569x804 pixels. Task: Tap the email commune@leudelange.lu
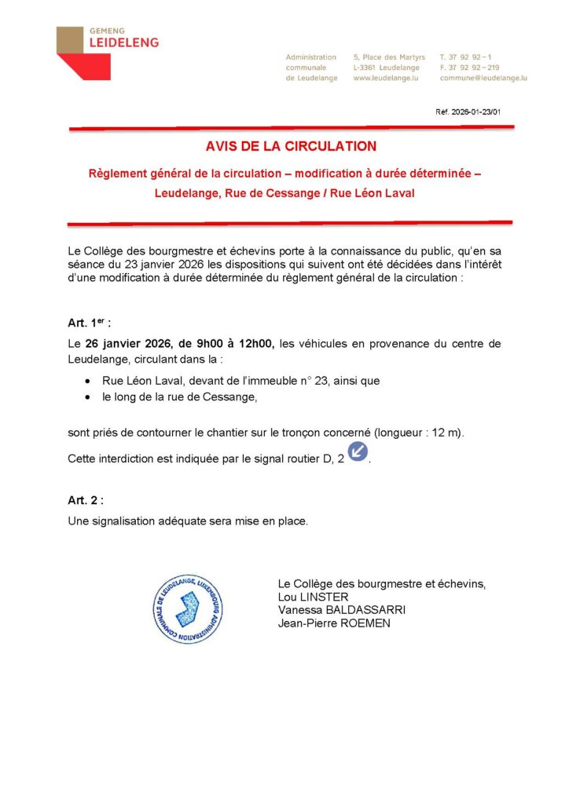[x=483, y=79]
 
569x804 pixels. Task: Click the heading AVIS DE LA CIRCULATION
[x=291, y=146]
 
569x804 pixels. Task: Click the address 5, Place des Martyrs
[x=389, y=57]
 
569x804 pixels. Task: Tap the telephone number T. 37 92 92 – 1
[x=467, y=57]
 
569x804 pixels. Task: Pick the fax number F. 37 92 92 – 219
[x=470, y=68]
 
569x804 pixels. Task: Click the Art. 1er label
[x=89, y=323]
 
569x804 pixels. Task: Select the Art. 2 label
[x=86, y=499]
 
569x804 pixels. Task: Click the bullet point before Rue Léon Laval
[x=88, y=382]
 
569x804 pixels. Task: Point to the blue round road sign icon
[x=358, y=451]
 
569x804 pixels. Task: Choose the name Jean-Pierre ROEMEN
[x=334, y=623]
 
